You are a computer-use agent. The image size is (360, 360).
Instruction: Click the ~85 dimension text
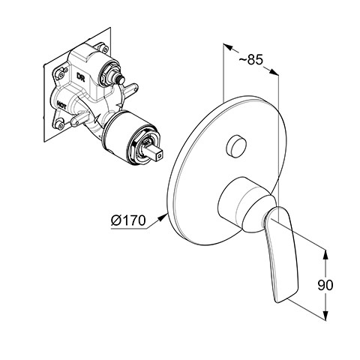click(250, 59)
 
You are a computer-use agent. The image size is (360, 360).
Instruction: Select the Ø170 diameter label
click(128, 220)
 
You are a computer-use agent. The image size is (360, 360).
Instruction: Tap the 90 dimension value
click(325, 285)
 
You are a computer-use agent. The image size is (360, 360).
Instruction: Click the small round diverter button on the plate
click(236, 146)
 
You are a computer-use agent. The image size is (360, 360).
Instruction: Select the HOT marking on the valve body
click(61, 105)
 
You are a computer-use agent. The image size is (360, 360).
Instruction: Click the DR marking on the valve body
click(81, 77)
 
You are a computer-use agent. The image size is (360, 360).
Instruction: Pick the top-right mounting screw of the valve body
click(104, 48)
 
